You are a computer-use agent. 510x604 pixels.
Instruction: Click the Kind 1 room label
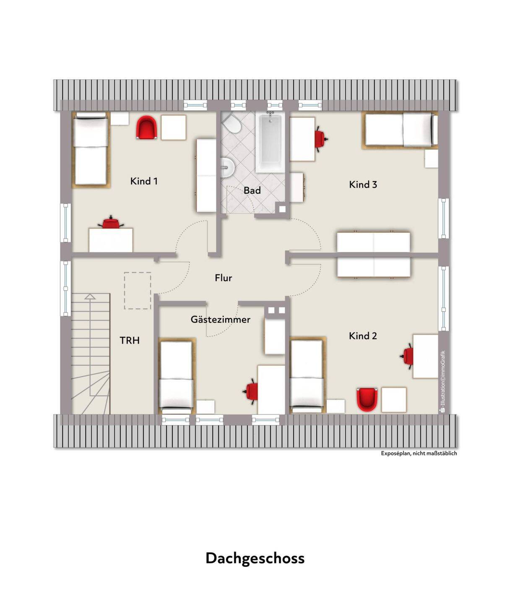pos(144,181)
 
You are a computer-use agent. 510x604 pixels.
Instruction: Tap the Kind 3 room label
pos(363,185)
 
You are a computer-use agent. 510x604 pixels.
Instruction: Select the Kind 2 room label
pos(363,336)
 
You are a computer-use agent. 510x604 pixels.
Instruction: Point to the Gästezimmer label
pos(221,320)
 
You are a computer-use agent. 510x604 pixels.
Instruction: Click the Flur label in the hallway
pos(223,278)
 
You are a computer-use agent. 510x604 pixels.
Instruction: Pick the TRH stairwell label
pos(130,341)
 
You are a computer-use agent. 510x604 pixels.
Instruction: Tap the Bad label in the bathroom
pos(252,190)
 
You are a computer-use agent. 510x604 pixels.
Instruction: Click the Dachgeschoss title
pos(255,558)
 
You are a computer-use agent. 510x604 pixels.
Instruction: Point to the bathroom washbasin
pos(227,167)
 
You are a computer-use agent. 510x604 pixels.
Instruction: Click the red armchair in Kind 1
pos(146,128)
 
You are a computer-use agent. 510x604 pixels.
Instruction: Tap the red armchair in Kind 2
pos(367,399)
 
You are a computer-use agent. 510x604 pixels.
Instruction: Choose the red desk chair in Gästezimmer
pos(251,391)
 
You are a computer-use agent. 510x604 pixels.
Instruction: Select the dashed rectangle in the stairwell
pos(138,291)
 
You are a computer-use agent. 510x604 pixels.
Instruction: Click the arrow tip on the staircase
pos(90,294)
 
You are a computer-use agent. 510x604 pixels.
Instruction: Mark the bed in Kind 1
pos(91,150)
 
